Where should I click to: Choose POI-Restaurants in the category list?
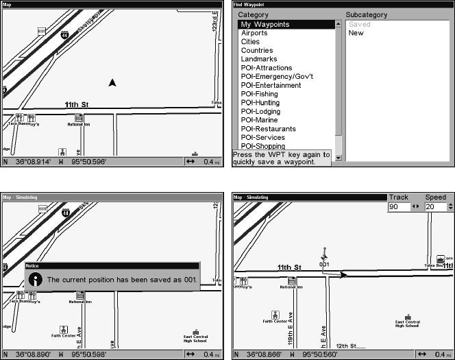(268, 129)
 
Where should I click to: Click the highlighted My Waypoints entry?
(265, 25)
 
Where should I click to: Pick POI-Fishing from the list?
(260, 94)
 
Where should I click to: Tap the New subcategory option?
(356, 33)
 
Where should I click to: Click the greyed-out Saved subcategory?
(359, 25)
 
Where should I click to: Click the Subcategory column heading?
(368, 14)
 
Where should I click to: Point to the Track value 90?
(395, 206)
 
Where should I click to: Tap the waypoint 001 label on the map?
(324, 263)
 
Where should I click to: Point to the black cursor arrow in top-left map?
(113, 83)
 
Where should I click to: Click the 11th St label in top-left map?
(77, 105)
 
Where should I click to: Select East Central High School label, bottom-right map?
(407, 324)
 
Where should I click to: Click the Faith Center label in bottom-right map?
(275, 320)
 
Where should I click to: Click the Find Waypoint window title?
(248, 4)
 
